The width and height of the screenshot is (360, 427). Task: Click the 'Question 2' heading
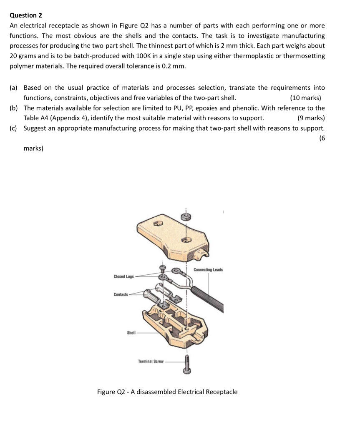[x=26, y=15]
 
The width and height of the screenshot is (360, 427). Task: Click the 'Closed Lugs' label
[x=124, y=276]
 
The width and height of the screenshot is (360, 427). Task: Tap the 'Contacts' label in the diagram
[x=121, y=295]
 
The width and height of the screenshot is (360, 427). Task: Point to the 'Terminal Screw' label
[x=151, y=361]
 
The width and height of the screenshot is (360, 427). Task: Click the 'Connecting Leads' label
[x=208, y=270]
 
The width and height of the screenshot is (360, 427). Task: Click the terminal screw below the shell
[x=186, y=366]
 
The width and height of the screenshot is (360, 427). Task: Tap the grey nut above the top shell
[x=186, y=216]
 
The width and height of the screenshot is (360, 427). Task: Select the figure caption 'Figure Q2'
[x=167, y=392]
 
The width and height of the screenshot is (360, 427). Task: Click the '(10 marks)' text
[x=305, y=98]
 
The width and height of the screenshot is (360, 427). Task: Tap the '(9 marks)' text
[x=309, y=118]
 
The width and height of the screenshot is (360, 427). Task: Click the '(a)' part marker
[x=13, y=88]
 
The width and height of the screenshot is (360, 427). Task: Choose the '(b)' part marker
[x=13, y=108]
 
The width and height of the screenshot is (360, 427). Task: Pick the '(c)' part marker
[x=13, y=128]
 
